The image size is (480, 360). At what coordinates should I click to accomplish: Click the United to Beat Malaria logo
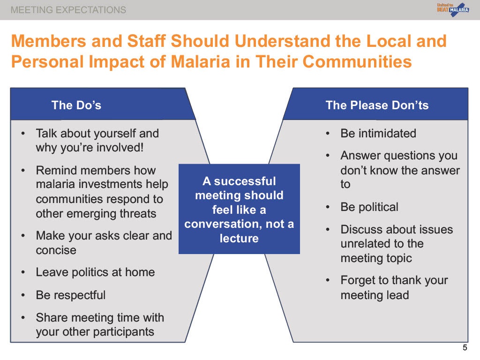(x=453, y=9)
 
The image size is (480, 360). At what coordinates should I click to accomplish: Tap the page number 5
(x=465, y=347)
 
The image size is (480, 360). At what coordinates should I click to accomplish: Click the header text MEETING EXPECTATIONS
(x=68, y=10)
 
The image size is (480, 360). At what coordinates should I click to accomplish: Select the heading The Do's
(x=76, y=105)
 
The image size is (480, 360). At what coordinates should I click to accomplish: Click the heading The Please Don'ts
(x=377, y=105)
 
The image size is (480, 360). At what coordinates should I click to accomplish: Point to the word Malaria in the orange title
(x=200, y=61)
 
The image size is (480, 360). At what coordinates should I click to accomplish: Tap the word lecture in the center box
(x=239, y=238)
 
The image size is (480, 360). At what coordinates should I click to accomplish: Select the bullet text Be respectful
(x=71, y=295)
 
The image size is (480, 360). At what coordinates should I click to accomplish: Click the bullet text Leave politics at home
(x=95, y=272)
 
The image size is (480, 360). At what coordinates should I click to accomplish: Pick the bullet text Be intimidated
(x=378, y=134)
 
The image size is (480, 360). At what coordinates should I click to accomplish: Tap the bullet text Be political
(x=369, y=207)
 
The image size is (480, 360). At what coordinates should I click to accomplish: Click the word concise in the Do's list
(x=56, y=250)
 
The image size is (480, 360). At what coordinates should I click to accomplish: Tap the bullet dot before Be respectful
(x=23, y=295)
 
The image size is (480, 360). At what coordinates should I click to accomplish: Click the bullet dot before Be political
(x=328, y=208)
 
